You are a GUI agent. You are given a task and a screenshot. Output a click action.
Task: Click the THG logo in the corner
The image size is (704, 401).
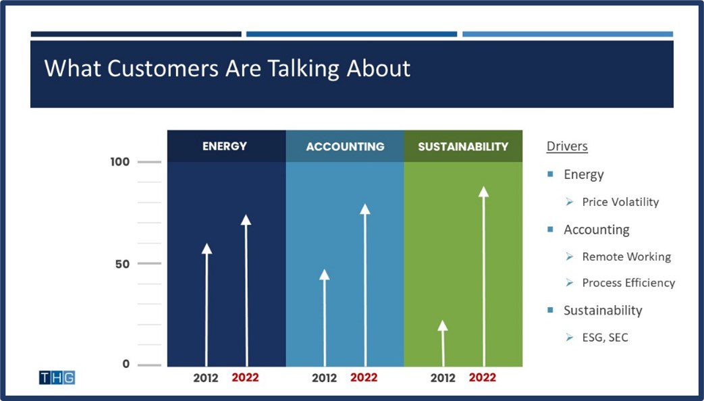(57, 377)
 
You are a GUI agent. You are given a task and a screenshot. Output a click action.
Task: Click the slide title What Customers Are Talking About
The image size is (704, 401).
(227, 68)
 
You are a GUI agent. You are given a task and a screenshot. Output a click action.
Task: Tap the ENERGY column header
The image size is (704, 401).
(225, 146)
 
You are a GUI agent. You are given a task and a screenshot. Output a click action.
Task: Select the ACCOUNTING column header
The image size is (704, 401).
(345, 146)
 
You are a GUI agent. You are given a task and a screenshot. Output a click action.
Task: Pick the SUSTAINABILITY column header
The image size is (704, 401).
(463, 146)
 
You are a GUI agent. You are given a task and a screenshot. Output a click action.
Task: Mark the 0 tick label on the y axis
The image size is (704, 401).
(125, 365)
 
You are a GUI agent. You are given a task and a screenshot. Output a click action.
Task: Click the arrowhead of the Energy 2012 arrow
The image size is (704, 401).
(207, 248)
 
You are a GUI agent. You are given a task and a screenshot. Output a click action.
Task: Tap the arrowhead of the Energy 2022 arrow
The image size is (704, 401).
(246, 219)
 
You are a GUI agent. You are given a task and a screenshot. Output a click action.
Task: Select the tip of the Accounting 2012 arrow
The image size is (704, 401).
(324, 274)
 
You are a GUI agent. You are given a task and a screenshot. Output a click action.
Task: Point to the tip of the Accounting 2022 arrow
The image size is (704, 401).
(365, 209)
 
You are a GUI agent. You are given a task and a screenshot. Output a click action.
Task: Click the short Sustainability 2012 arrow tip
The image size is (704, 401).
(443, 325)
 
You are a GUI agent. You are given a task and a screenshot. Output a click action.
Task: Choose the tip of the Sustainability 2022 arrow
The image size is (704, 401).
(483, 191)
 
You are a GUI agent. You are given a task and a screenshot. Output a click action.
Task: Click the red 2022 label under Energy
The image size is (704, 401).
(245, 378)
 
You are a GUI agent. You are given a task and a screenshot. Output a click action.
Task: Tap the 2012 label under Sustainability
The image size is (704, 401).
(443, 378)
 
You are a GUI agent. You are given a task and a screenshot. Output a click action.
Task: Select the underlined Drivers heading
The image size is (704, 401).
(567, 146)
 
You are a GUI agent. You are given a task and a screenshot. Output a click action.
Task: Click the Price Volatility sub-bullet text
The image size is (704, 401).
(620, 202)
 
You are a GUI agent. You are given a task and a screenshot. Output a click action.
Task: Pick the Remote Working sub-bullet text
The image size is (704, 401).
(626, 257)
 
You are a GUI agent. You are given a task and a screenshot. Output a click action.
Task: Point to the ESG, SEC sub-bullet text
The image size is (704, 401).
(605, 337)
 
